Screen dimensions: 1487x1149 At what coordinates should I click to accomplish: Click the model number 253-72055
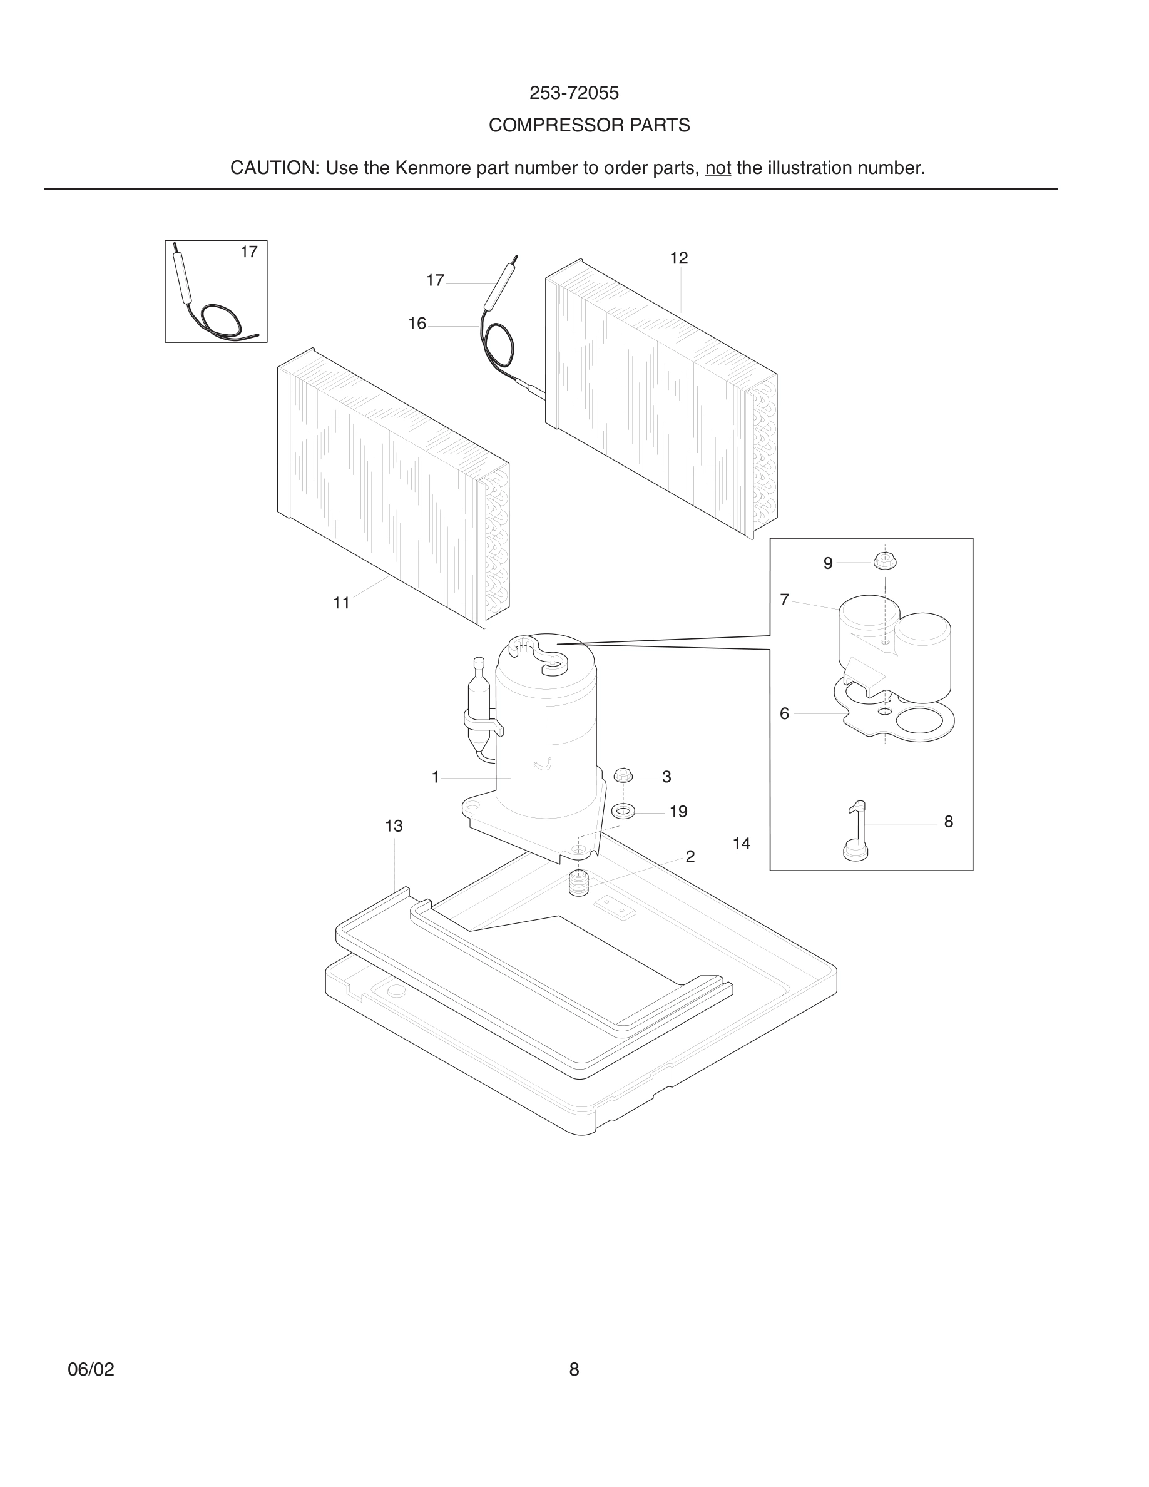point(574,93)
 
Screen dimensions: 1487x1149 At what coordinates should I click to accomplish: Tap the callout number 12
point(678,258)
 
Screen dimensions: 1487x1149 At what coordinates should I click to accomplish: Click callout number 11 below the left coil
point(341,603)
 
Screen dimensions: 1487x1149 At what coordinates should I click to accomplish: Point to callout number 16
point(417,324)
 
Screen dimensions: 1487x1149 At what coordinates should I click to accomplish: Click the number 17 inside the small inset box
point(249,252)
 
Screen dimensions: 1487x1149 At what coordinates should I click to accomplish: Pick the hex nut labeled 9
point(885,562)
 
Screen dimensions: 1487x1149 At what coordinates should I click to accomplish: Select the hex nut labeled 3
point(623,775)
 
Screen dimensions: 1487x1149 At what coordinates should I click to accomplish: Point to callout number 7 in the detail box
point(784,599)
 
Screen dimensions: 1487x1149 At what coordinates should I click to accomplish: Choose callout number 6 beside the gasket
point(784,713)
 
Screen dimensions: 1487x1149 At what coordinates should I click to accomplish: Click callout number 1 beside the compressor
point(436,777)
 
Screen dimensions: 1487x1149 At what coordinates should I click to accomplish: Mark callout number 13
point(394,826)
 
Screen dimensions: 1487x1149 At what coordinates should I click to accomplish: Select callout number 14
point(741,844)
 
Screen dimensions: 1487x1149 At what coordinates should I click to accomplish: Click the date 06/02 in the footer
point(91,1369)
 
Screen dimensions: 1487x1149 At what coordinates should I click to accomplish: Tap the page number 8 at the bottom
point(574,1369)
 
